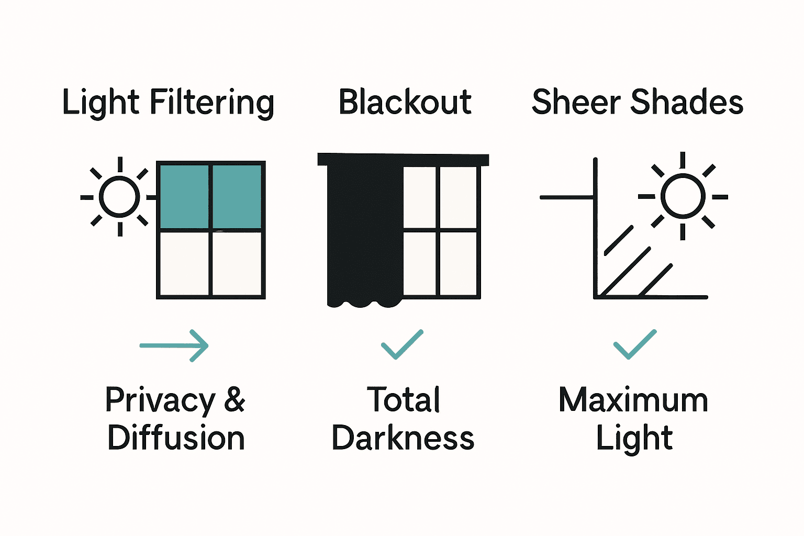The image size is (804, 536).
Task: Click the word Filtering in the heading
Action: click(x=212, y=103)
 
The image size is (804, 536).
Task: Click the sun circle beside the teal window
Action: click(x=119, y=197)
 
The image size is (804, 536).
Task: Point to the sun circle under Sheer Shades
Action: click(x=683, y=196)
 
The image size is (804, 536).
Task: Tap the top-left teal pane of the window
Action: click(x=184, y=196)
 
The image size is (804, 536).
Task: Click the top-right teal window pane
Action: click(x=237, y=196)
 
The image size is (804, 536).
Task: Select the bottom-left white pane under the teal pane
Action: click(x=184, y=264)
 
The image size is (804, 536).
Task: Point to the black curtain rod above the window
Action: click(x=403, y=159)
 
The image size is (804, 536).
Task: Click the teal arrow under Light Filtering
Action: click(x=174, y=345)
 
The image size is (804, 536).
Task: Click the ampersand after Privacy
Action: click(x=234, y=400)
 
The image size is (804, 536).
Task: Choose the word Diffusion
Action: click(x=176, y=438)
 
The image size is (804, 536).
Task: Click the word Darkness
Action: click(x=403, y=438)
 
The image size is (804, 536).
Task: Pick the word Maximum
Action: click(x=633, y=400)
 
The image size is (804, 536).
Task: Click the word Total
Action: click(x=403, y=400)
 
